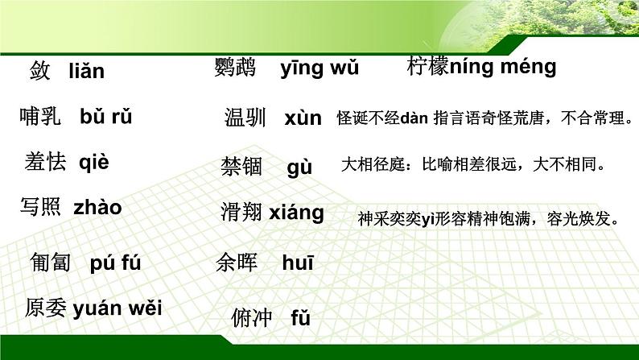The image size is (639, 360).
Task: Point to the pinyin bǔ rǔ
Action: pyautogui.click(x=106, y=117)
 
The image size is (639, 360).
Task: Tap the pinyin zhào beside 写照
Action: pyautogui.click(x=97, y=207)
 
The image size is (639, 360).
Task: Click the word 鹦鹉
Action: pyautogui.click(x=235, y=68)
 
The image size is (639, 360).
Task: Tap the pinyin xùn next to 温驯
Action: pyautogui.click(x=303, y=118)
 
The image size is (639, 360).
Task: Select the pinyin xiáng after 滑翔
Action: pyautogui.click(x=296, y=213)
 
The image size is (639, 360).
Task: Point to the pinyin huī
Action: pyautogui.click(x=298, y=263)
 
